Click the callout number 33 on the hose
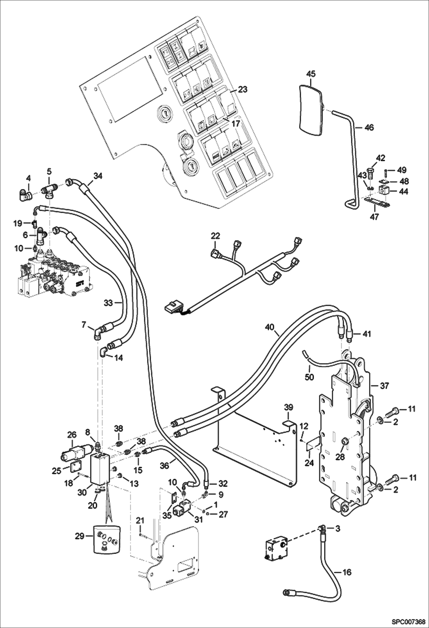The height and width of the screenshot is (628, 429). pos(108,303)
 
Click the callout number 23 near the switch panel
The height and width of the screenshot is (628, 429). pos(242,90)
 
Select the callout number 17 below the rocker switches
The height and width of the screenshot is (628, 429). pos(235,124)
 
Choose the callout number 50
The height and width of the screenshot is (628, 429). pos(309,377)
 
